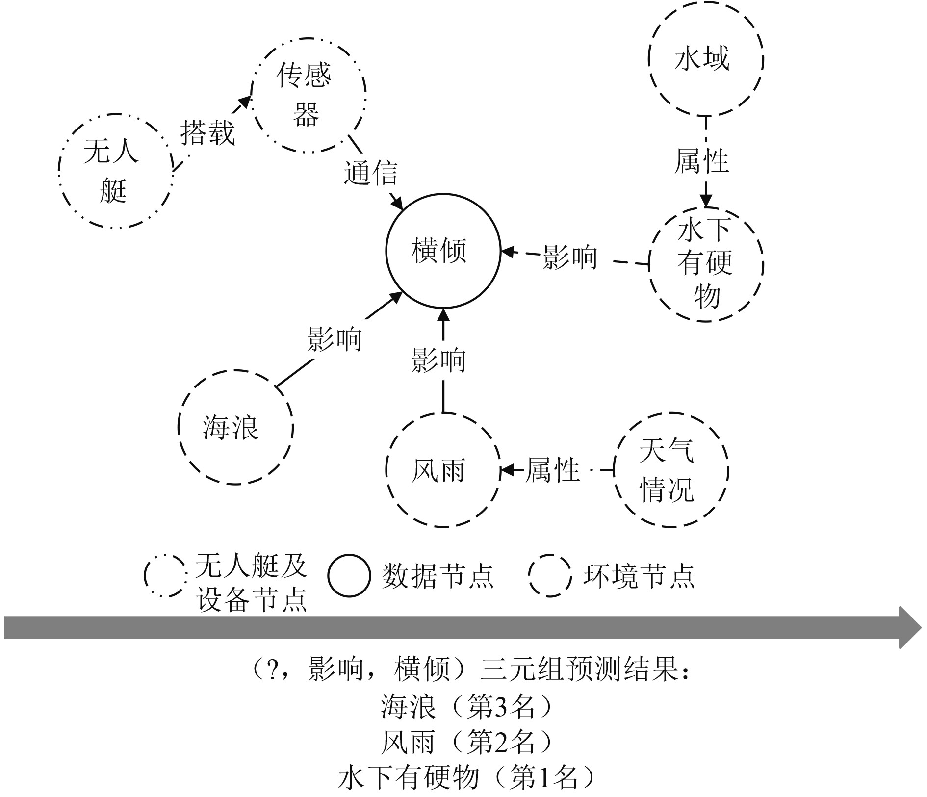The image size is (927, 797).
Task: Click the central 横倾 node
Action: coord(443,251)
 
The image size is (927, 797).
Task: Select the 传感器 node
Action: coord(309,95)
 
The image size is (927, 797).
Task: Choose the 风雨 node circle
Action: coord(443,470)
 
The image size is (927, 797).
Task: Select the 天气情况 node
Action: coord(671,470)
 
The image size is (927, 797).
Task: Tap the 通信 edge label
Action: coord(370,173)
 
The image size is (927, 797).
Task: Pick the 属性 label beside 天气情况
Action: coord(552,470)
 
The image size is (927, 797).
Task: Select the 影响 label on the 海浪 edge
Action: coord(335,339)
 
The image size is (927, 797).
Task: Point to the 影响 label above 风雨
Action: coord(438,360)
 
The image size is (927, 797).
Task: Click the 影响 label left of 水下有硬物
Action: coord(570,257)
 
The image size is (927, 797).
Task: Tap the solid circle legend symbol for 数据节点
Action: coord(349,575)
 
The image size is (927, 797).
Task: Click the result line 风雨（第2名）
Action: coord(466,742)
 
